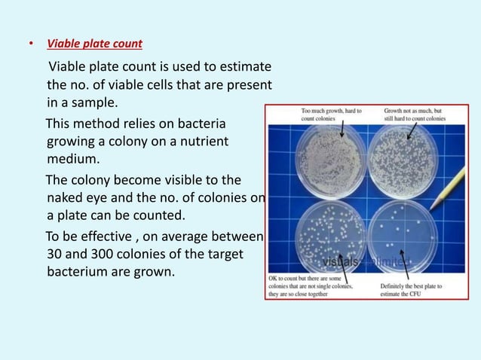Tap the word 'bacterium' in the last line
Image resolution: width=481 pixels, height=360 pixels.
click(78, 270)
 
